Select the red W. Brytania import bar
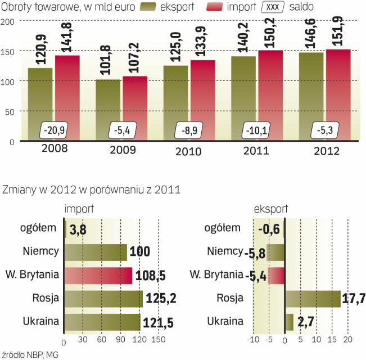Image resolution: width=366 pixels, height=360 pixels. coord(98,276)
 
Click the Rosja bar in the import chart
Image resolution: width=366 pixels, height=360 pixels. coord(103,298)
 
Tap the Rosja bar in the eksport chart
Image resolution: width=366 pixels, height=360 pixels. coord(313,298)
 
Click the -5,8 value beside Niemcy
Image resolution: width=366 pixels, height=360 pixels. coord(254,253)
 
